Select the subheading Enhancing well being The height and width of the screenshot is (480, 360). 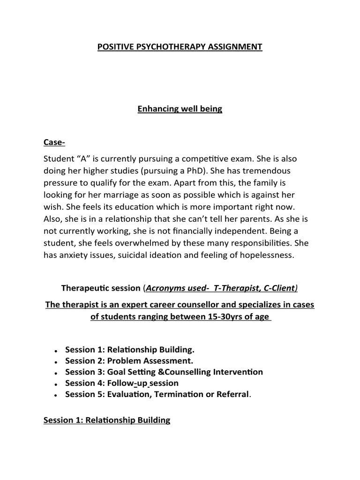[180, 109]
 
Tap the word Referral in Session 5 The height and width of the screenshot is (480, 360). [232, 394]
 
